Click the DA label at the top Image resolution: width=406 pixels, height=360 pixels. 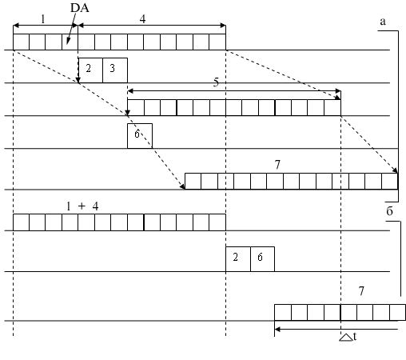point(80,8)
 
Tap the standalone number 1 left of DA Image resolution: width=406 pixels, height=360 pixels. point(43,19)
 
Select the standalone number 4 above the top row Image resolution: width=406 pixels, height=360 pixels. point(143,19)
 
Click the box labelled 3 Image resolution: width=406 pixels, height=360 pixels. point(115,70)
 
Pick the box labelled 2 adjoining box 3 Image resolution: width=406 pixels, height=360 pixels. point(90,70)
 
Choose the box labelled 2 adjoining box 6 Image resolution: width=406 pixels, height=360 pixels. point(238,259)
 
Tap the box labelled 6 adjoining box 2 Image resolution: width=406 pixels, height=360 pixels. point(262,259)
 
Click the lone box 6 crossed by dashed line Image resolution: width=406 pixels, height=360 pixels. point(140,136)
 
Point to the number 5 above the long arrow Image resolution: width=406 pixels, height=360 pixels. point(216,82)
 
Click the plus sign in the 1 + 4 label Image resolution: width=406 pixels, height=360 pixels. point(82,206)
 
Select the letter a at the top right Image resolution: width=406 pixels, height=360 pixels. point(383,22)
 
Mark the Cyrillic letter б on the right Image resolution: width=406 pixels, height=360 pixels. point(389,211)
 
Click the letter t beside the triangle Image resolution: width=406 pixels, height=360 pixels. point(355,337)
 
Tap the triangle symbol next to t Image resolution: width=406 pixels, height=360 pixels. point(346,338)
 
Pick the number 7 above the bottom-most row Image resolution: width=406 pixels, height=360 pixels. point(361,291)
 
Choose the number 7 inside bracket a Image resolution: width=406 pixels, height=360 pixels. point(277,165)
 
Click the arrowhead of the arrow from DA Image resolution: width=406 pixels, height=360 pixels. point(68,42)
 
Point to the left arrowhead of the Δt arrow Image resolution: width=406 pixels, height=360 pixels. point(277,330)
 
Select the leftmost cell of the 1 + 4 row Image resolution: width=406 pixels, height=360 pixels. point(21,222)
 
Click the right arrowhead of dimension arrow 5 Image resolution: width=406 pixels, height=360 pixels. point(338,91)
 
